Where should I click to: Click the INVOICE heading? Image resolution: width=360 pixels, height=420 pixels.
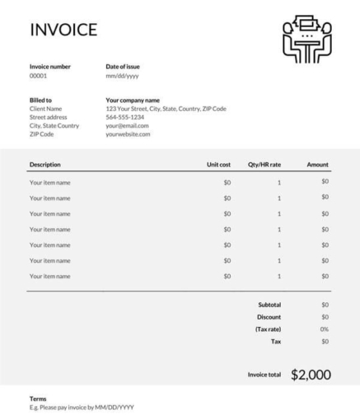click(x=63, y=30)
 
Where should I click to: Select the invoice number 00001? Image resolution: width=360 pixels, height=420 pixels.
click(x=39, y=75)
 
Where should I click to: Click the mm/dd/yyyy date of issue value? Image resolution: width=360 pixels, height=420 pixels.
click(x=122, y=75)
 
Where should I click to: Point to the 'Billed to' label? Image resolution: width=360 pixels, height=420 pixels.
click(x=41, y=100)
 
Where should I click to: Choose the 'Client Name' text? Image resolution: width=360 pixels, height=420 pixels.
click(x=46, y=109)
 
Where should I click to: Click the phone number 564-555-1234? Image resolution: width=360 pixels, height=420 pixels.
click(x=125, y=117)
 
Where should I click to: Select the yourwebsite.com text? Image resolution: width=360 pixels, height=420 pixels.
click(x=129, y=133)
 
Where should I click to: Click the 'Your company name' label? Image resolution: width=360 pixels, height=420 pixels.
click(x=133, y=100)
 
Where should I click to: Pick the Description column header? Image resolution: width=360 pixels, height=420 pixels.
click(x=45, y=165)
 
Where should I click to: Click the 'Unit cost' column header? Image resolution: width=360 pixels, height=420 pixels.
click(x=218, y=165)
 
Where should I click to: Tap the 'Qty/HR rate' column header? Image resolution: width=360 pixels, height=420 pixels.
click(x=264, y=165)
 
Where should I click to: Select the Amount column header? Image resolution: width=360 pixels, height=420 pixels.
click(x=317, y=165)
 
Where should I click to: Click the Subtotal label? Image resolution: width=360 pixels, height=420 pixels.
click(x=269, y=305)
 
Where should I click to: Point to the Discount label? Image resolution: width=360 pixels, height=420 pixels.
click(x=269, y=317)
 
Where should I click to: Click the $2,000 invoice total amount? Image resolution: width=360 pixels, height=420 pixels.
click(x=311, y=375)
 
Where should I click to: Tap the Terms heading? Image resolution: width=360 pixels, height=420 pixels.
click(x=38, y=399)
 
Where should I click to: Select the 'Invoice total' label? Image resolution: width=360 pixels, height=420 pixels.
click(x=264, y=376)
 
